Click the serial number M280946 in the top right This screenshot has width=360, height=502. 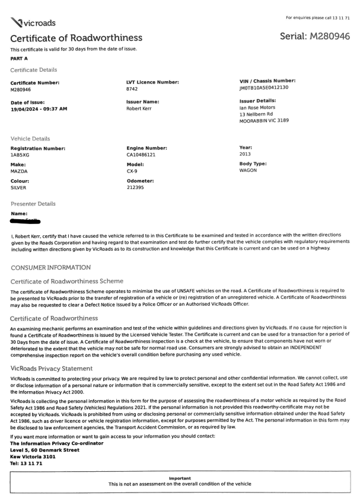pos(314,37)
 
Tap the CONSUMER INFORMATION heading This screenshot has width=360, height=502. pos(49,267)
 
